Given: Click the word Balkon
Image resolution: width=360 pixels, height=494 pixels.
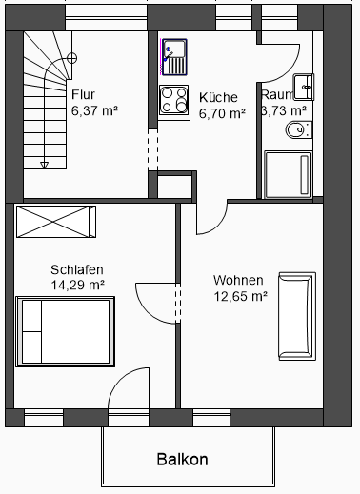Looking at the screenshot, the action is [x=183, y=459].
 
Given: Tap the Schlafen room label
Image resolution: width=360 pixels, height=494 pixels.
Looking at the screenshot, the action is [x=77, y=269].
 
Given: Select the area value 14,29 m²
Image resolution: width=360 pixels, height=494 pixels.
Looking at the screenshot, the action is [x=78, y=285].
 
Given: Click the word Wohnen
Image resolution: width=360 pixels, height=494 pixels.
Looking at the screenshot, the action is [x=238, y=280].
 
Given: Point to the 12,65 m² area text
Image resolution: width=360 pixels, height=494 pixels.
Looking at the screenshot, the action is [x=240, y=296].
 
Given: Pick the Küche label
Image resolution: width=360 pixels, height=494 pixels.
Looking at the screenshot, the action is [x=218, y=97].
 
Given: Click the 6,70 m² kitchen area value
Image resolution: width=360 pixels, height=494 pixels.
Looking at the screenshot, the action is [x=222, y=113].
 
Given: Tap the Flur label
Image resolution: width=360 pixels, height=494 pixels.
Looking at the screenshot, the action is [x=83, y=94].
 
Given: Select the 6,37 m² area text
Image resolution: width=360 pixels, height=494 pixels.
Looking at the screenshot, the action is [x=94, y=110].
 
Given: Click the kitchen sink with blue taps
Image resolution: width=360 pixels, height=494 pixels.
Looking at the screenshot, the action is [x=174, y=57].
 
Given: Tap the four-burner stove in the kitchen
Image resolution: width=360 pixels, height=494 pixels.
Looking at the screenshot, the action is [x=173, y=100].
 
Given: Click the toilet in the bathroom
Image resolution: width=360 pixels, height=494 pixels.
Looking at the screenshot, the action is [x=299, y=129].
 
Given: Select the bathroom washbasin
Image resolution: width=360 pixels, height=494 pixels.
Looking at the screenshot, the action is [x=304, y=87].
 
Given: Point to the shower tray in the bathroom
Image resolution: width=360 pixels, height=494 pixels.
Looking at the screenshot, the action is [x=288, y=175].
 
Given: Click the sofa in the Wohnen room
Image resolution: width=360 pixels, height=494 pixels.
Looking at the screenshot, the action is [x=297, y=316].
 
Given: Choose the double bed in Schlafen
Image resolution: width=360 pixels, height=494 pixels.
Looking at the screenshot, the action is [x=65, y=331].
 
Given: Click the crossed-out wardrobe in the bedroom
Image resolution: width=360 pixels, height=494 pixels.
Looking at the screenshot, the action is [x=56, y=222].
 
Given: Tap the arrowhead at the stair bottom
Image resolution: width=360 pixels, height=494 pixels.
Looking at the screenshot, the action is [x=45, y=165].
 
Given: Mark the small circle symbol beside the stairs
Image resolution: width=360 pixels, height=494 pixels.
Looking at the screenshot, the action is [x=72, y=58].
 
